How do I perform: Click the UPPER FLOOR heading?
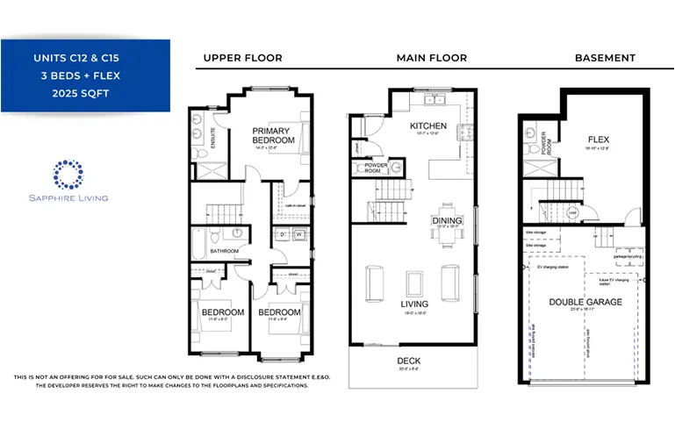coord(242,58)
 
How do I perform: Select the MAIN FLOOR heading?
coord(431,58)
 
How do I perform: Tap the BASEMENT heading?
coord(605,58)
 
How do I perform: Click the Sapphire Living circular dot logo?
coord(68,175)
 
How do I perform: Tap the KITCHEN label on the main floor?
coord(428,126)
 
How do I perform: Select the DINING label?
coord(447,220)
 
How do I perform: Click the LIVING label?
coord(415,304)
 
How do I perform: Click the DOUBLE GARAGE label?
coord(585,302)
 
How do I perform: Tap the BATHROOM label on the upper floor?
coord(224,252)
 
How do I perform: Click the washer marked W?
coord(298,234)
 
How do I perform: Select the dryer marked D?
coord(283,234)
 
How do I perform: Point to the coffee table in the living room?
coord(414,283)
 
